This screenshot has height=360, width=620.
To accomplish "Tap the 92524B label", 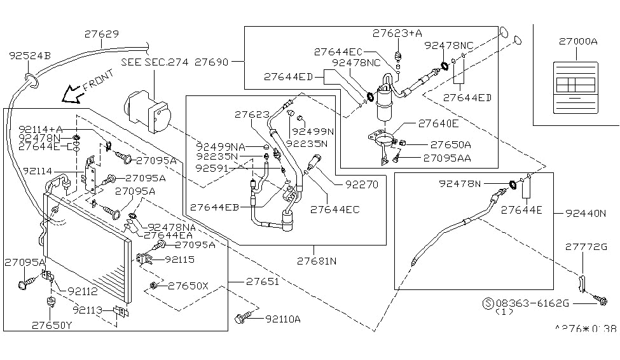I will (x=29, y=56).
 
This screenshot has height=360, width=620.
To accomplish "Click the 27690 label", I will (x=212, y=62).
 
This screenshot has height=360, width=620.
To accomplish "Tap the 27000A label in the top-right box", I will (x=578, y=42).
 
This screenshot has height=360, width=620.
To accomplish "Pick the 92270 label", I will (x=361, y=186).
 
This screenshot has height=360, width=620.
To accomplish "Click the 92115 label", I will (x=179, y=260).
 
